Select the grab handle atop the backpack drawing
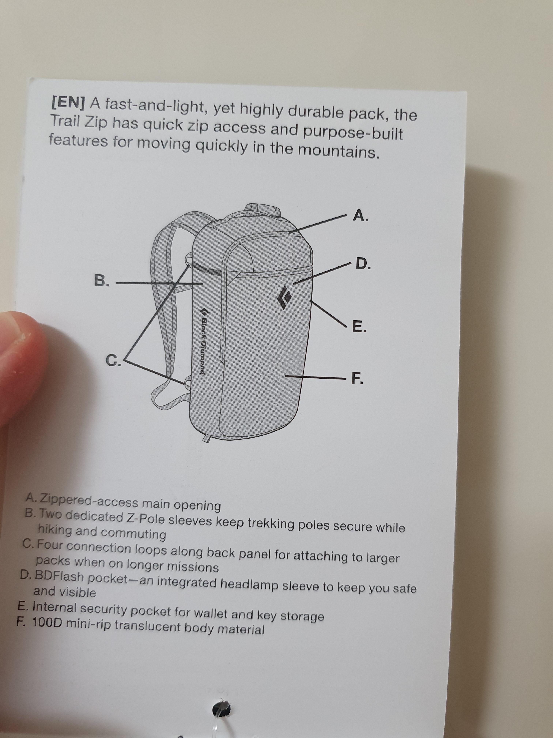tap(262, 210)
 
